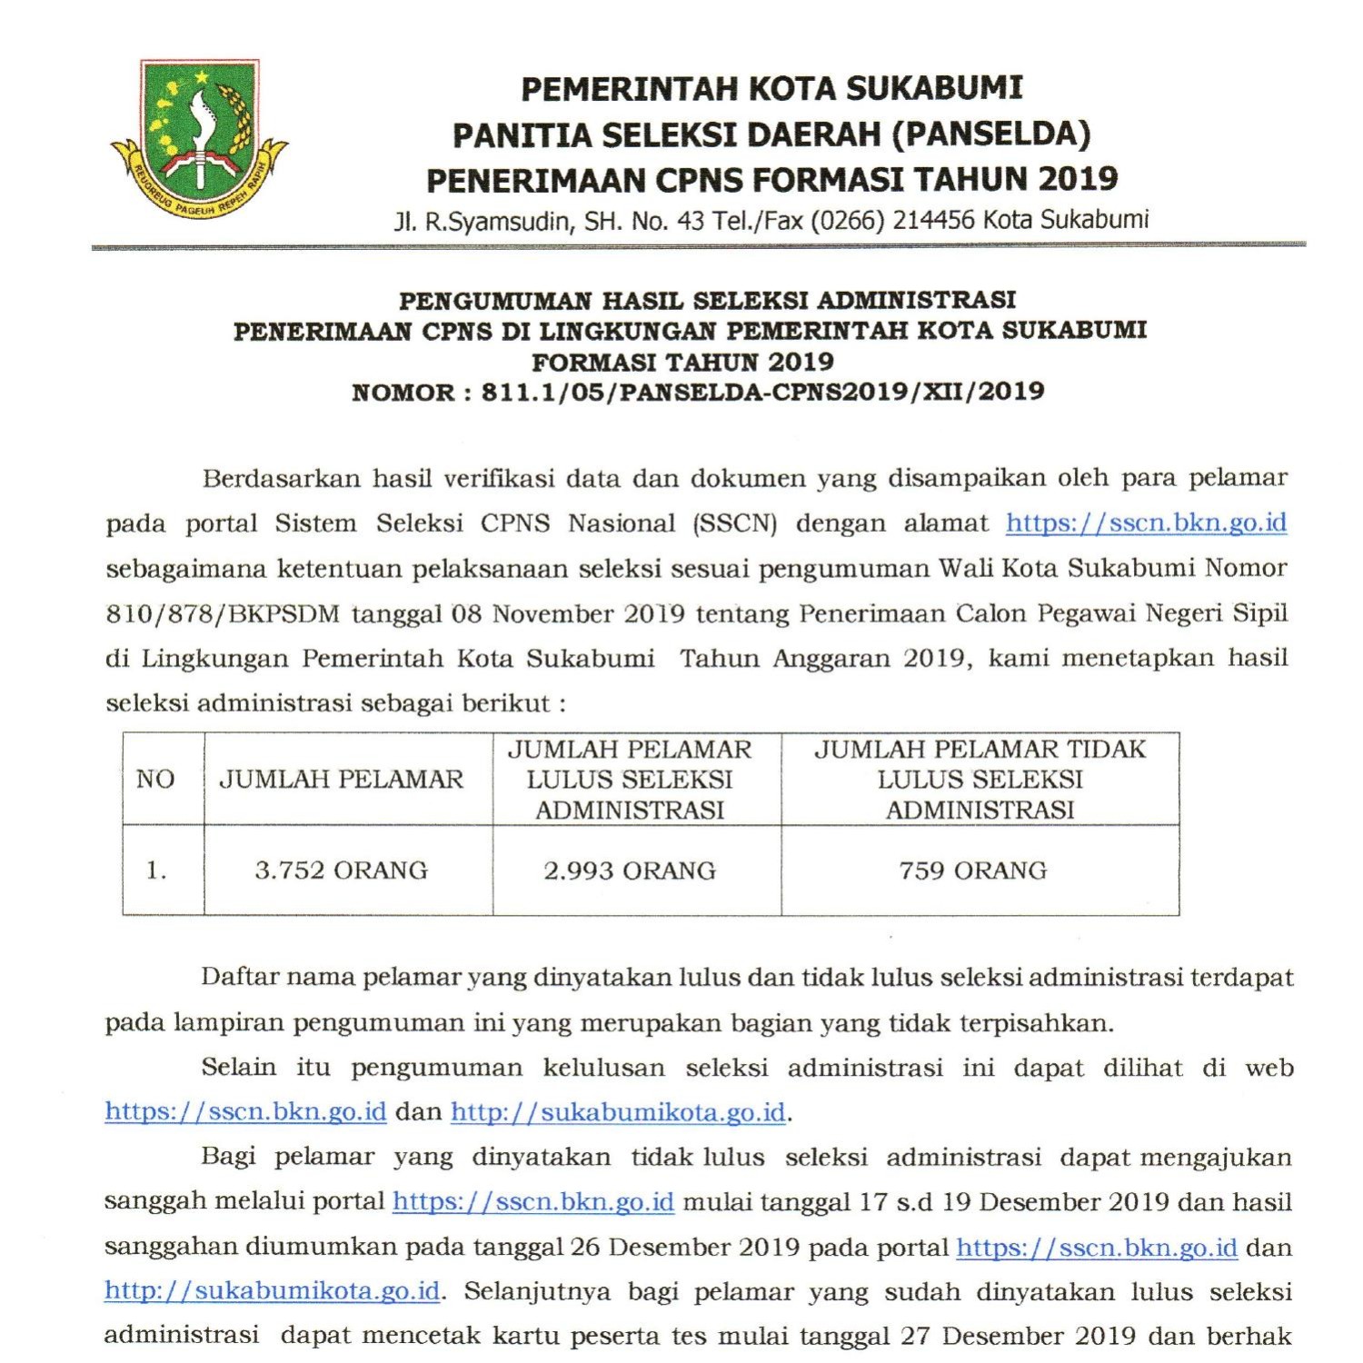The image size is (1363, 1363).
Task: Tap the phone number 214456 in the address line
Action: [933, 220]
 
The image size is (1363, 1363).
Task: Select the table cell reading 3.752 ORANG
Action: [341, 871]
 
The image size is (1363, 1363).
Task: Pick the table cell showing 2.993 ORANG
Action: [630, 871]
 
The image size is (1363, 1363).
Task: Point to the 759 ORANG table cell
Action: [973, 871]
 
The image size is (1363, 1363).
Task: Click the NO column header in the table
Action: [155, 779]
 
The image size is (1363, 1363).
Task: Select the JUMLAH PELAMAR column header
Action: [342, 779]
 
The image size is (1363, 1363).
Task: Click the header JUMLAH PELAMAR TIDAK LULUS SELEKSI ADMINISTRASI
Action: [980, 779]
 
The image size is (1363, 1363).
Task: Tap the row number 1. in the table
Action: [156, 871]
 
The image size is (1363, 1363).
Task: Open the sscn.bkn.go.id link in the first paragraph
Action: [1146, 523]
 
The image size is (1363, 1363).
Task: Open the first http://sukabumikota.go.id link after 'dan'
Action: [618, 1112]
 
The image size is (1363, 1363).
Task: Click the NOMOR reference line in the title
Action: [698, 393]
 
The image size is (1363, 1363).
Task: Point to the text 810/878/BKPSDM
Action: [223, 614]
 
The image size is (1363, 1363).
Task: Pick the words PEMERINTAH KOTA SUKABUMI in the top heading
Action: [771, 88]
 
